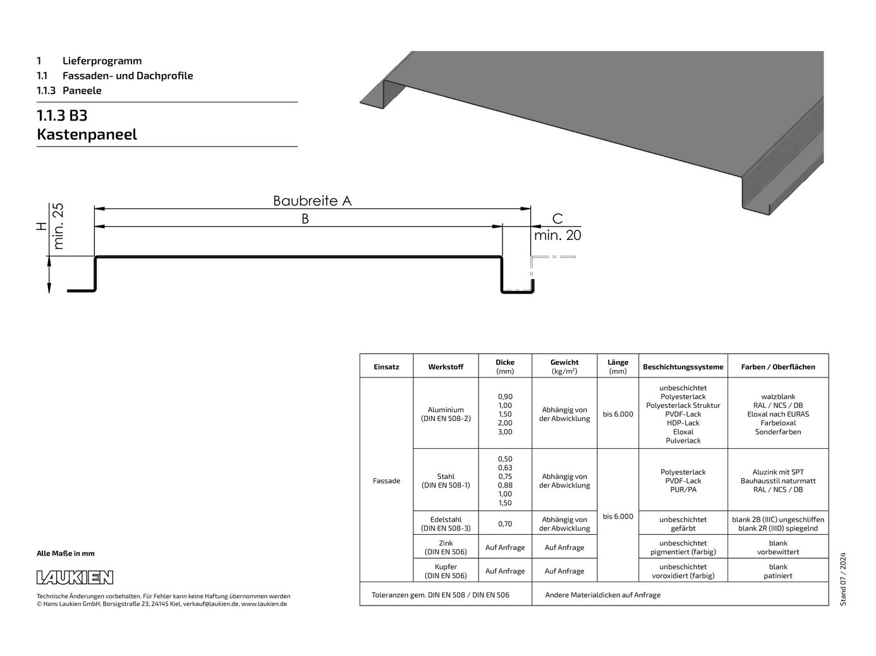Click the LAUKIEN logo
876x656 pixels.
[x=75, y=577]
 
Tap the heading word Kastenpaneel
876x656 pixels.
[x=87, y=134]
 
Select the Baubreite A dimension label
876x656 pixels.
[x=312, y=201]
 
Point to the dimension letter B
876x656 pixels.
[x=305, y=219]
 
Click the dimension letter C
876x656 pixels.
[x=557, y=219]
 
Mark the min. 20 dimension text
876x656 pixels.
[x=557, y=236]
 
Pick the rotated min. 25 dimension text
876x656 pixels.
[x=59, y=226]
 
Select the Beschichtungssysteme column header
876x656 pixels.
[x=683, y=367]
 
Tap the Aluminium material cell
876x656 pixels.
[x=446, y=414]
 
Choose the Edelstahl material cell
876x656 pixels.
[x=446, y=523]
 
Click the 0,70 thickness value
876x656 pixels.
[x=505, y=523]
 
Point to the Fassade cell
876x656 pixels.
[x=386, y=480]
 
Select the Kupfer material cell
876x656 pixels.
[x=446, y=571]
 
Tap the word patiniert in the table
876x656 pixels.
[x=777, y=576]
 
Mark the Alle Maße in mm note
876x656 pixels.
[x=66, y=554]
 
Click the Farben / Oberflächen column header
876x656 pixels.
[x=777, y=367]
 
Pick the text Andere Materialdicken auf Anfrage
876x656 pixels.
[x=602, y=595]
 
